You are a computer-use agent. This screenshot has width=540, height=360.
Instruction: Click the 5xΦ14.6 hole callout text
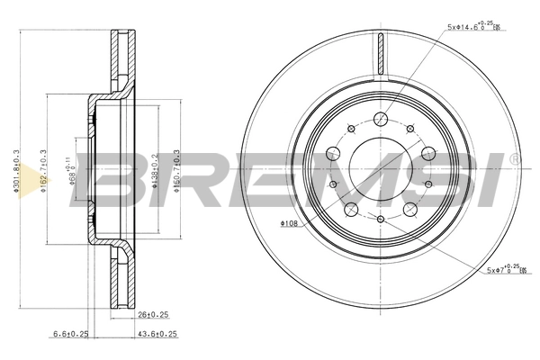(x=473, y=28)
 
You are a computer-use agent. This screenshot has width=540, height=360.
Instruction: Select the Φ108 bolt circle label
(x=289, y=222)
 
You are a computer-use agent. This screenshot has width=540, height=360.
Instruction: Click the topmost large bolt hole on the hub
(x=382, y=117)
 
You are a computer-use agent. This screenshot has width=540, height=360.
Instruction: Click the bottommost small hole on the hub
(x=382, y=219)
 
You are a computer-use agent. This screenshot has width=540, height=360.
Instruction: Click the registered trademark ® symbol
(x=513, y=159)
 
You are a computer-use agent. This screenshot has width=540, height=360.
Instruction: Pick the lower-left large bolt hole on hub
(x=353, y=211)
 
